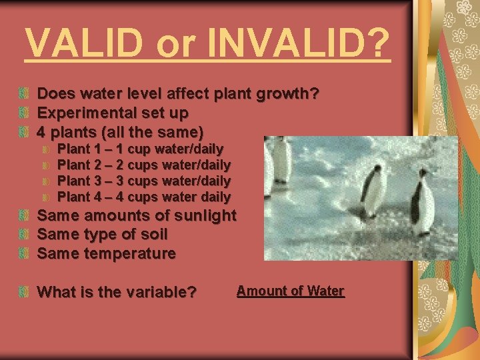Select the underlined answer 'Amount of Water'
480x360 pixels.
(290, 291)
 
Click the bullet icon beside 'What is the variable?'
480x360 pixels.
(25, 292)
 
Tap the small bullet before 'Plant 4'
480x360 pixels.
(47, 197)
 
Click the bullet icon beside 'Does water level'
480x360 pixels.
(25, 94)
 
